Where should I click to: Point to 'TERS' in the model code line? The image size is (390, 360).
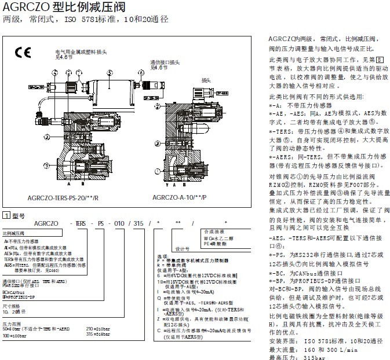(78, 222)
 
